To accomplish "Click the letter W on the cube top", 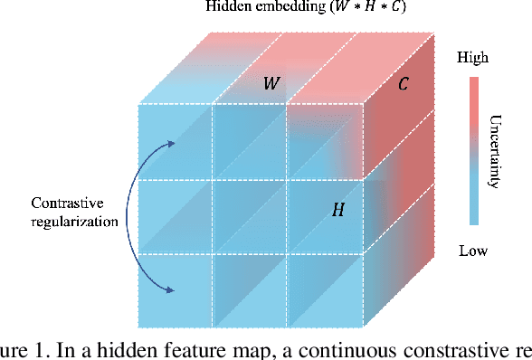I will tap(271, 84).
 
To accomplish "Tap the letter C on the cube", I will tap(404, 86).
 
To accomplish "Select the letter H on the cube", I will tap(337, 210).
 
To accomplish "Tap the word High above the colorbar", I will tap(473, 58).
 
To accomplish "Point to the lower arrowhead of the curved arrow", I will tap(171, 290).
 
